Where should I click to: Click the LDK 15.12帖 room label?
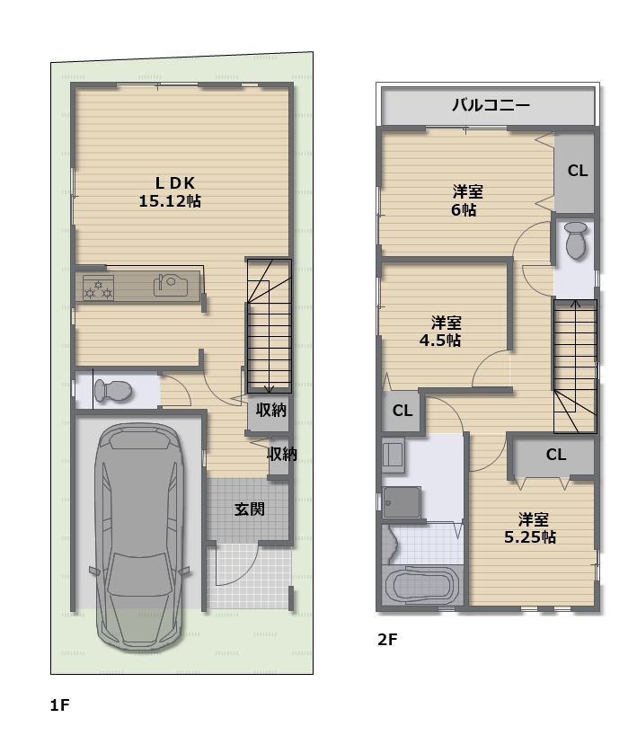coord(170,191)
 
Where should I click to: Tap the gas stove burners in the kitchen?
coord(98,288)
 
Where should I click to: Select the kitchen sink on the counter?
coord(171,285)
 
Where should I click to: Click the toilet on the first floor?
coord(113,390)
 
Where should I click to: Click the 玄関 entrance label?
coord(249,509)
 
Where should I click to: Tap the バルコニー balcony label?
coord(491,105)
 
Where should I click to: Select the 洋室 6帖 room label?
coord(466,200)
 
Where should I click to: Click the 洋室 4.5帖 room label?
coord(440,331)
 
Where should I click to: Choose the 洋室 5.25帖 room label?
coord(530,527)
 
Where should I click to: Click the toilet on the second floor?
coord(576,240)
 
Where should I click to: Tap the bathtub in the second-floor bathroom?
coord(421,584)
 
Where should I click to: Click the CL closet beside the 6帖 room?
coord(577,171)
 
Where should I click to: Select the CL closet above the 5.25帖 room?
coord(555,455)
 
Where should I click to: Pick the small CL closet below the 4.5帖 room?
coord(403,411)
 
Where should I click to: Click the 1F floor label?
coord(60,705)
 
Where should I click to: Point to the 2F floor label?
coord(387,640)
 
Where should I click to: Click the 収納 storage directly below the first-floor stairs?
coord(270,411)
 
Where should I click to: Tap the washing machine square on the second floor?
coord(402,502)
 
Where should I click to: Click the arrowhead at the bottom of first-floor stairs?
coord(269,389)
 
